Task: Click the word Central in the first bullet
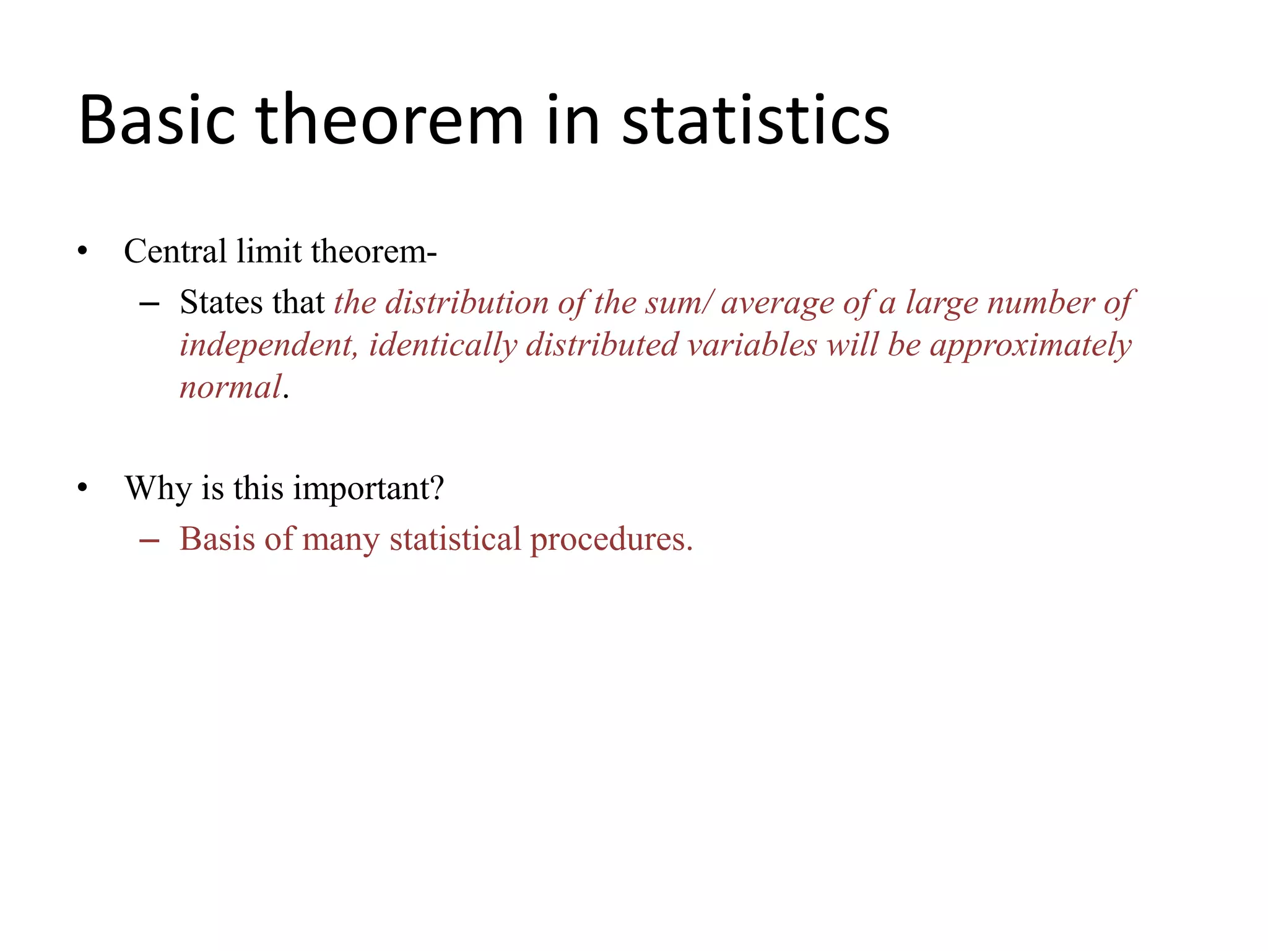coord(175,251)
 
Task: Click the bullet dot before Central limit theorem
coord(82,252)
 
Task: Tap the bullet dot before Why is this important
coord(82,489)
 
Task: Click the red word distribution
coord(467,303)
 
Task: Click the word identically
coord(443,345)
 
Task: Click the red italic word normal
coord(230,388)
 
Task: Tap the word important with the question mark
coord(369,489)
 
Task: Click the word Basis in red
coord(217,539)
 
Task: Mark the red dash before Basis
coord(149,541)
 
